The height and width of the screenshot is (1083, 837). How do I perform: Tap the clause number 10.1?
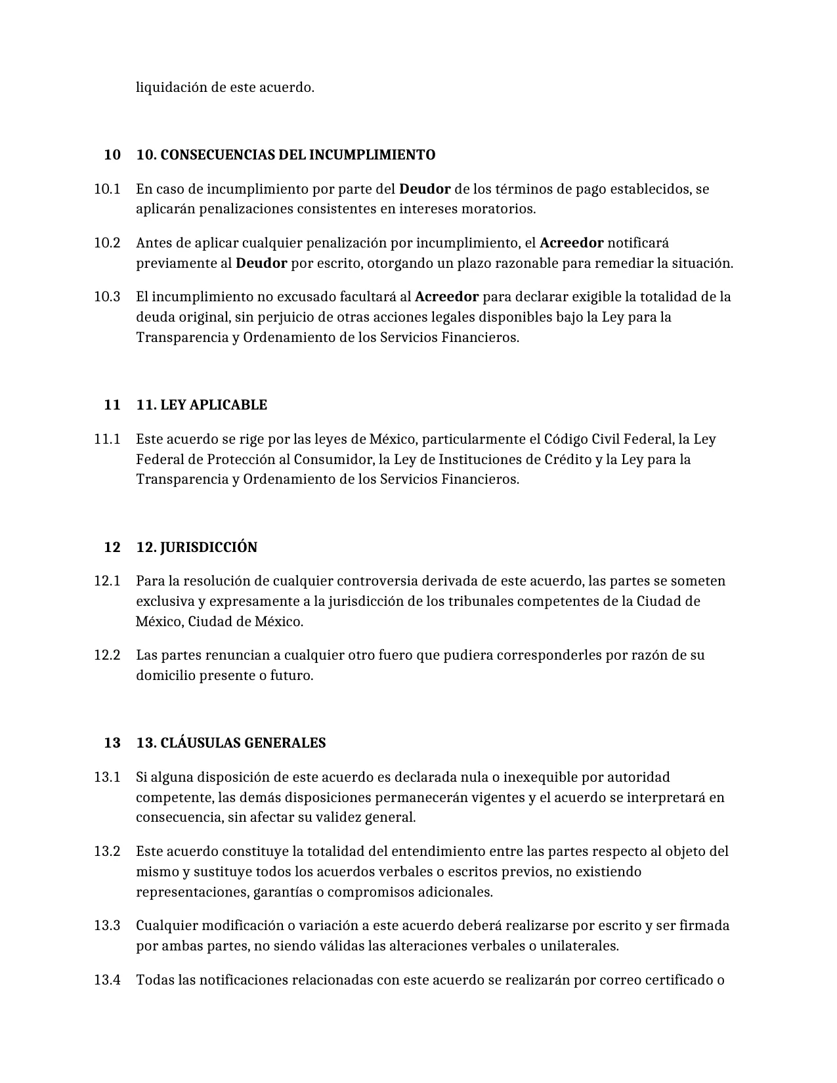[x=107, y=189]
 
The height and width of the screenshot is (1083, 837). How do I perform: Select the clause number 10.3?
[x=107, y=297]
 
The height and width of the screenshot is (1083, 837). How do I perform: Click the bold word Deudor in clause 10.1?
[x=425, y=189]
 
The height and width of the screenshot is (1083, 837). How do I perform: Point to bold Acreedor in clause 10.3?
[x=446, y=297]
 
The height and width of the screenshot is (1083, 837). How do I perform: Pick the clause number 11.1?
[x=107, y=439]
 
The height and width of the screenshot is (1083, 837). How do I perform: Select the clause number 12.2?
[x=107, y=655]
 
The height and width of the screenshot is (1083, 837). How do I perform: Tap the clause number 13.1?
[x=107, y=777]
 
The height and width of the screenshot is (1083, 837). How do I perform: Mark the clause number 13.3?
[x=107, y=925]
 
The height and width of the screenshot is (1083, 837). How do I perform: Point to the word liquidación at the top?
[x=171, y=87]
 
